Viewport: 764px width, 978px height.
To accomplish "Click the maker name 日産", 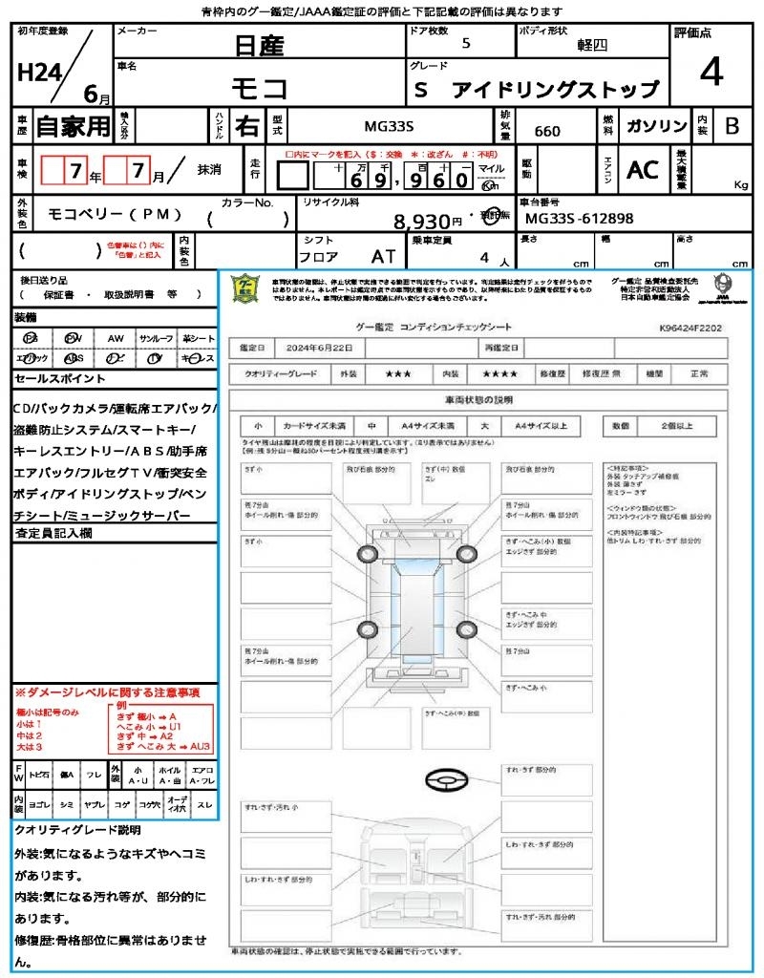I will click(259, 45).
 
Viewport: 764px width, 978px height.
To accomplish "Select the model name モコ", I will click(260, 88).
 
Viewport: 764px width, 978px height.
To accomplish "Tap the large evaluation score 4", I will click(711, 73).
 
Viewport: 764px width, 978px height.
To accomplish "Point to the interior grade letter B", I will click(732, 125).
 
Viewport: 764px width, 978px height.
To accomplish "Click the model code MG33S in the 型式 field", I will click(389, 126).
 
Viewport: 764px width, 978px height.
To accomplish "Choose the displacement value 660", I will click(547, 131).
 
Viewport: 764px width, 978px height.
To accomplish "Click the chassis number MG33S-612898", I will click(579, 219).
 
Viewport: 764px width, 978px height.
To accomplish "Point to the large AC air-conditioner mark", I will click(642, 170).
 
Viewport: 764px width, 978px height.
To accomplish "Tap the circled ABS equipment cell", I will click(73, 358).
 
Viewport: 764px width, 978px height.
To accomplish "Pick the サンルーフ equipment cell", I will click(157, 338).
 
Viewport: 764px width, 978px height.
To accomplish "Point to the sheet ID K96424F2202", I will click(690, 328).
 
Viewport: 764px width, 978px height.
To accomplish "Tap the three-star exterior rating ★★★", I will click(397, 374).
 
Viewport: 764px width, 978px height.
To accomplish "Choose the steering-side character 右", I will click(246, 126).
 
